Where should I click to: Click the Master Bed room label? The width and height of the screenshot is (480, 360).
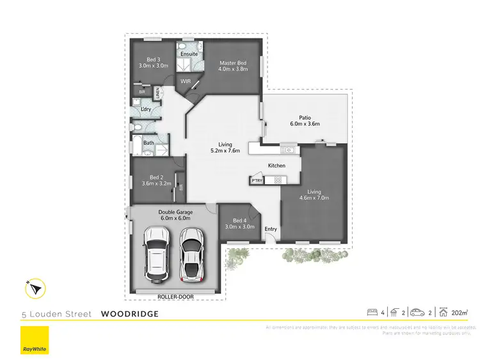[x=232, y=63]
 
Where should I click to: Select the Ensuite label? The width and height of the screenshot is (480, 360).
[x=189, y=54]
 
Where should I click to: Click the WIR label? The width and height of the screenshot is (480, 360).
[x=186, y=81]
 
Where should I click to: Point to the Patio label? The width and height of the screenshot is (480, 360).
[x=305, y=117]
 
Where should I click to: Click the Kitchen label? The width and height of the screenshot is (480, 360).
[x=276, y=166]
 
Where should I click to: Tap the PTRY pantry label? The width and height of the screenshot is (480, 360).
[x=257, y=181]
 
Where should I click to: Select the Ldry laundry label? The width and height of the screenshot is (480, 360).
[x=146, y=109]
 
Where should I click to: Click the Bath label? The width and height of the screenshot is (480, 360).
[x=148, y=143]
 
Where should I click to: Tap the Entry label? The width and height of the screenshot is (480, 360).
[x=271, y=229]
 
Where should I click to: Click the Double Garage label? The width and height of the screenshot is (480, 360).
[x=175, y=212]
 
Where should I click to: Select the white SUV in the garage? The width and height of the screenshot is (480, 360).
[x=156, y=253]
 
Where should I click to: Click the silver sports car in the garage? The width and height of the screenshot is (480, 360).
[x=191, y=254]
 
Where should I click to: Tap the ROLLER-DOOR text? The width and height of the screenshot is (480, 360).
[x=175, y=296]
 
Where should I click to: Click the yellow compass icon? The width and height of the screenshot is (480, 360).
[x=35, y=288]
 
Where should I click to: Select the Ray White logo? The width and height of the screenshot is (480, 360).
[x=35, y=340]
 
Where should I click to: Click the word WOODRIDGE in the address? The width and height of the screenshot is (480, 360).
[x=129, y=314]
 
